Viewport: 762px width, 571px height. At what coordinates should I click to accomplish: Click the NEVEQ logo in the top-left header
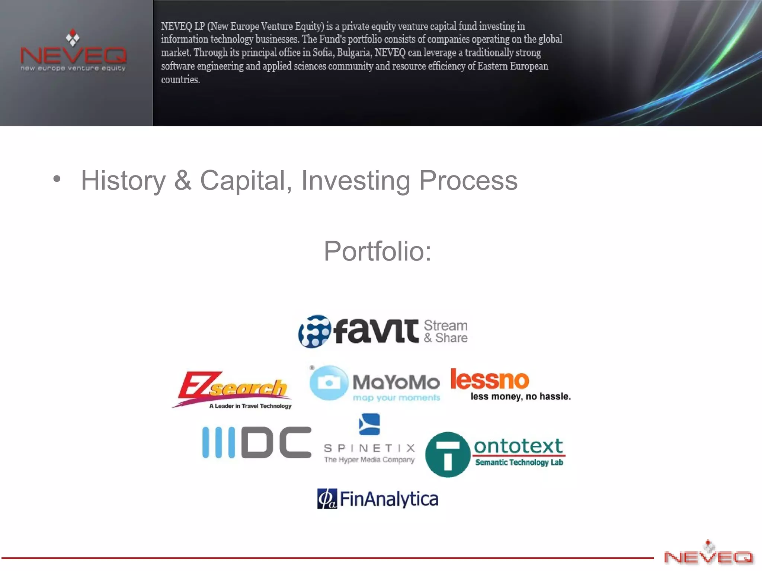coord(73,52)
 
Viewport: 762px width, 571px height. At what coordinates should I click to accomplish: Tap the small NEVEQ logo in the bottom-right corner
coord(708,554)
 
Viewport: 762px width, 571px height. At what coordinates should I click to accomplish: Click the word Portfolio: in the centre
coord(377,251)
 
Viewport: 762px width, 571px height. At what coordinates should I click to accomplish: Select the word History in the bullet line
coord(123,181)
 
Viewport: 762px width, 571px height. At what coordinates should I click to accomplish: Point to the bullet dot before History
coord(57,179)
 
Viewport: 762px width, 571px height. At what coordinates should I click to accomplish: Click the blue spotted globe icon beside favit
coord(314,331)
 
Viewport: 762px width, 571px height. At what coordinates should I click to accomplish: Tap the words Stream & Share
coord(446,331)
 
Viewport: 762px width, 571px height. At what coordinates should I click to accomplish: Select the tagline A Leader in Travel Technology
coord(250,406)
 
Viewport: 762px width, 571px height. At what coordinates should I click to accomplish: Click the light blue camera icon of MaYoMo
coord(329,383)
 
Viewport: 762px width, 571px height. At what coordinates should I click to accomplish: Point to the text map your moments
coord(396,398)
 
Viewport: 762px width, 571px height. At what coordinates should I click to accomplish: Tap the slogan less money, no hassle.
coord(520,397)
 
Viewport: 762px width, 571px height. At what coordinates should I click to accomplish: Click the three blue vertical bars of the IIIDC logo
coord(218,442)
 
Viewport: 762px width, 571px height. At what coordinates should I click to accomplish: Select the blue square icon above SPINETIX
coord(369,424)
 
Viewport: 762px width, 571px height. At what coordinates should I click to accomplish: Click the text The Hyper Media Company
coord(369,460)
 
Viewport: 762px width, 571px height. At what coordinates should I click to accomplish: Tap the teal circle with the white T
coord(448,454)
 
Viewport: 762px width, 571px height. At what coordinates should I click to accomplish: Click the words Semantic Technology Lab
coord(519,462)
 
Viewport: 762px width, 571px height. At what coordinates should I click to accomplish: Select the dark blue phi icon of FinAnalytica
coord(327,499)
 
